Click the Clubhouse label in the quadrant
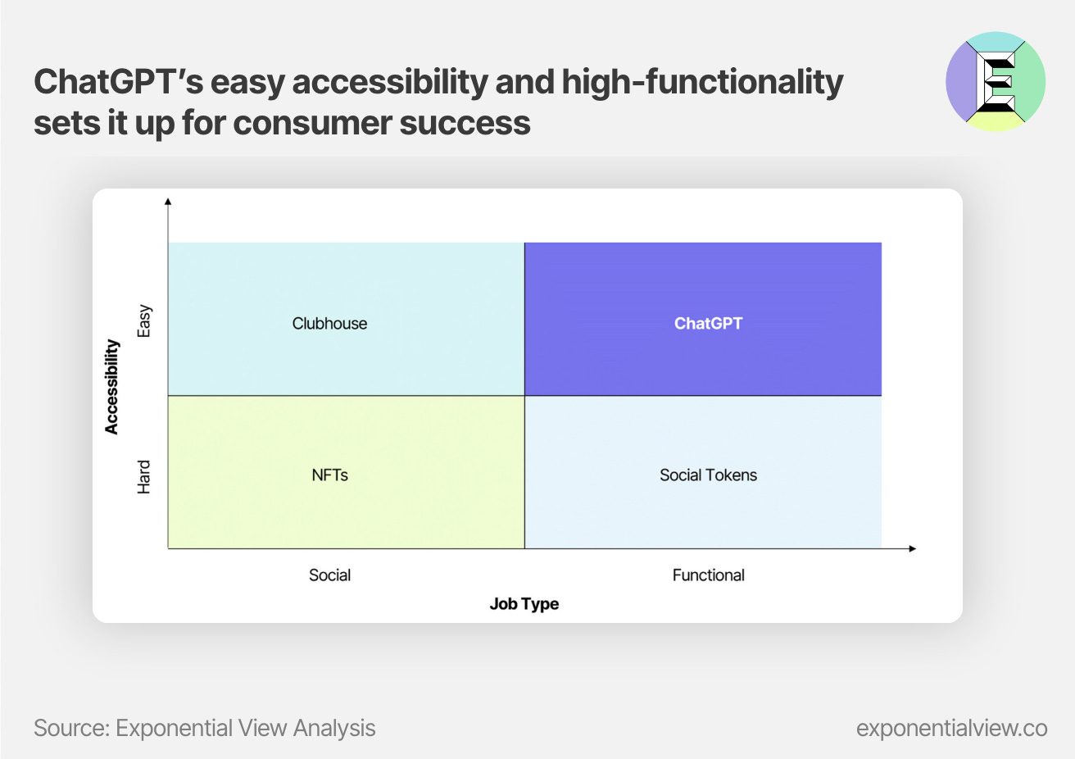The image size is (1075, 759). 329,324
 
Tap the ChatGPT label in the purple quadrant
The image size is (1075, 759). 709,324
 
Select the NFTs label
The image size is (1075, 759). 329,475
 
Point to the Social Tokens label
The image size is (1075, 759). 709,475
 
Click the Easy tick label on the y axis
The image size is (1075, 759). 144,320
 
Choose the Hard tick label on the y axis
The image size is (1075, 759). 144,477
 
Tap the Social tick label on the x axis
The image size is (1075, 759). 329,575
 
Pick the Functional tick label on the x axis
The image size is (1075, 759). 709,575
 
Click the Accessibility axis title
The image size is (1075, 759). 111,387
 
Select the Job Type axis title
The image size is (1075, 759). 524,604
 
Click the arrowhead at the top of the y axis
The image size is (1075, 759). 168,201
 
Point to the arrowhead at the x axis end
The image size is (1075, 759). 913,548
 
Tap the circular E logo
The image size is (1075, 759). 996,82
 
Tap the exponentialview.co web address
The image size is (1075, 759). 951,729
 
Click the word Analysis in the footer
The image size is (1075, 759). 334,729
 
